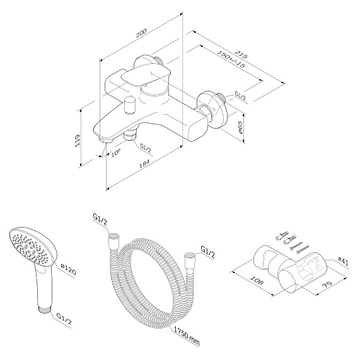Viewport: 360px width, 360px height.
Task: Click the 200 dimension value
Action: click(141, 33)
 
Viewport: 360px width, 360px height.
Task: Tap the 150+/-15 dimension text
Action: click(231, 59)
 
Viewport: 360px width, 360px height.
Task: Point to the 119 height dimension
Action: click(78, 141)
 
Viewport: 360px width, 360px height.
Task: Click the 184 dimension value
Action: click(144, 163)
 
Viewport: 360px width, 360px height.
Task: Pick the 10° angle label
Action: click(116, 153)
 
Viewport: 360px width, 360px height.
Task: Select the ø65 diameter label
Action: click(240, 128)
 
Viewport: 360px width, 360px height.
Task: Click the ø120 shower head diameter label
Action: click(68, 269)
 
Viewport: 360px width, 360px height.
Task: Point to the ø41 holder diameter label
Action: click(343, 262)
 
